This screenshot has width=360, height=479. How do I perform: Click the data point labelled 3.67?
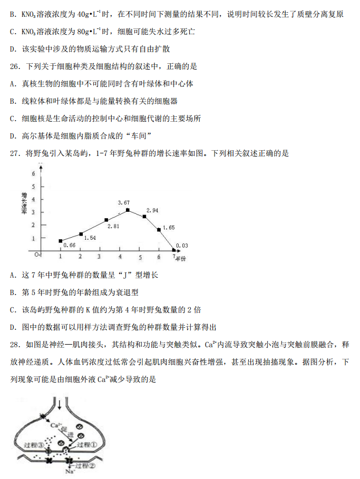pyautogui.click(x=128, y=210)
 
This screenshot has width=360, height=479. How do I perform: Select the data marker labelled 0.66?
pyautogui.click(x=61, y=241)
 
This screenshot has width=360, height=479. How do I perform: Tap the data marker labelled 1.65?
pyautogui.click(x=159, y=229)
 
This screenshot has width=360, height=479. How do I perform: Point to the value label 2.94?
pyautogui.click(x=152, y=210)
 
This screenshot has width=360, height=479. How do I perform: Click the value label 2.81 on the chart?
pyautogui.click(x=113, y=226)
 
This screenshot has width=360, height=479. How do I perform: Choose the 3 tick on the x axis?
pyautogui.click(x=99, y=257)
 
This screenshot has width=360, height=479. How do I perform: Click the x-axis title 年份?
pyautogui.click(x=181, y=259)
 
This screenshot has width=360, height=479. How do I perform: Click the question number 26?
pyautogui.click(x=15, y=66)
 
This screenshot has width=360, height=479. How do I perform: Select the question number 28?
pyautogui.click(x=15, y=345)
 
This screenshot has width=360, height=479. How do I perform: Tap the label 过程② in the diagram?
pyautogui.click(x=87, y=465)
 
